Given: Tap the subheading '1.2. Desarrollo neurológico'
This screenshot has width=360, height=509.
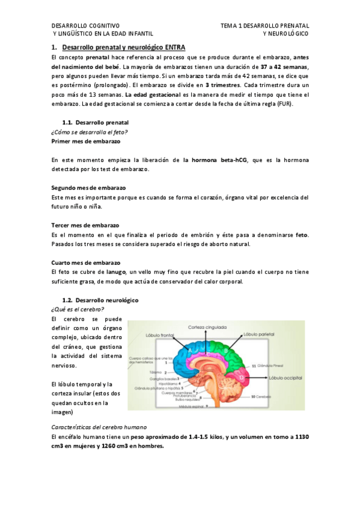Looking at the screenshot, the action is [x=100, y=300].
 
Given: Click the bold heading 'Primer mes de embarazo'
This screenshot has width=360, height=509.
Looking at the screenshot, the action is [x=86, y=141].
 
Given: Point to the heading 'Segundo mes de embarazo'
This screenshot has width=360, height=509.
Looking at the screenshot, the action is [x=88, y=188].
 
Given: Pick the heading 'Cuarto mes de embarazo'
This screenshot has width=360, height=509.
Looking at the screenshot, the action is [x=86, y=263].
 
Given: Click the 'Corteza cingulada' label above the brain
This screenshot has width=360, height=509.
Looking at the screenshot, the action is [x=206, y=328].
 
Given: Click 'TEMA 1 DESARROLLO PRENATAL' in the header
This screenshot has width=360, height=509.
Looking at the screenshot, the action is [x=264, y=26].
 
